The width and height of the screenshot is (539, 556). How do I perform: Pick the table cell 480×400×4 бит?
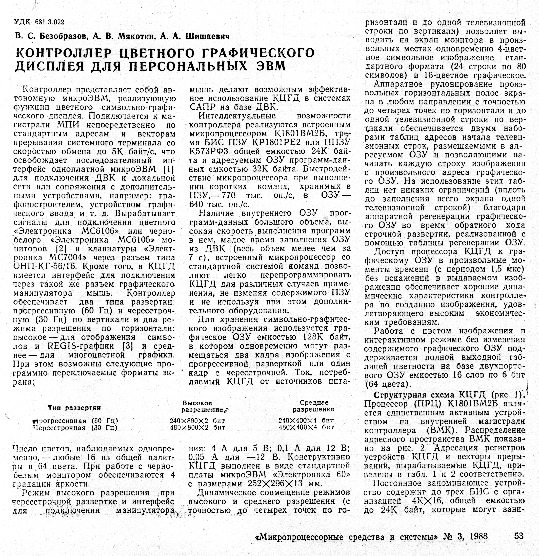pos(306,427)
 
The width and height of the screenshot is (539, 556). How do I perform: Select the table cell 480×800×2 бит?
pos(197,427)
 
